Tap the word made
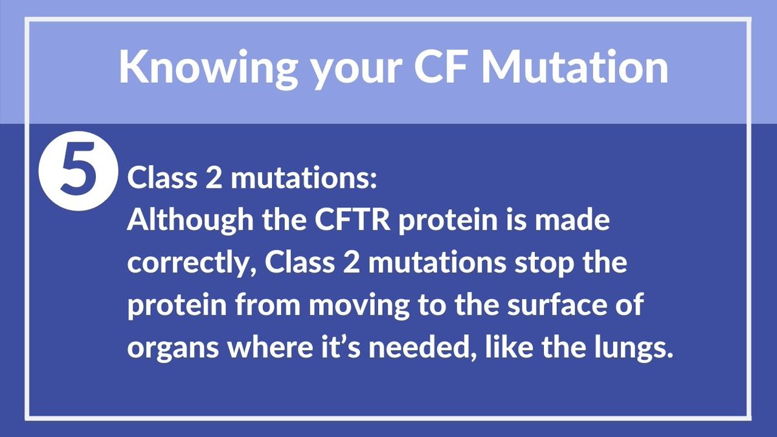[x=573, y=222]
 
